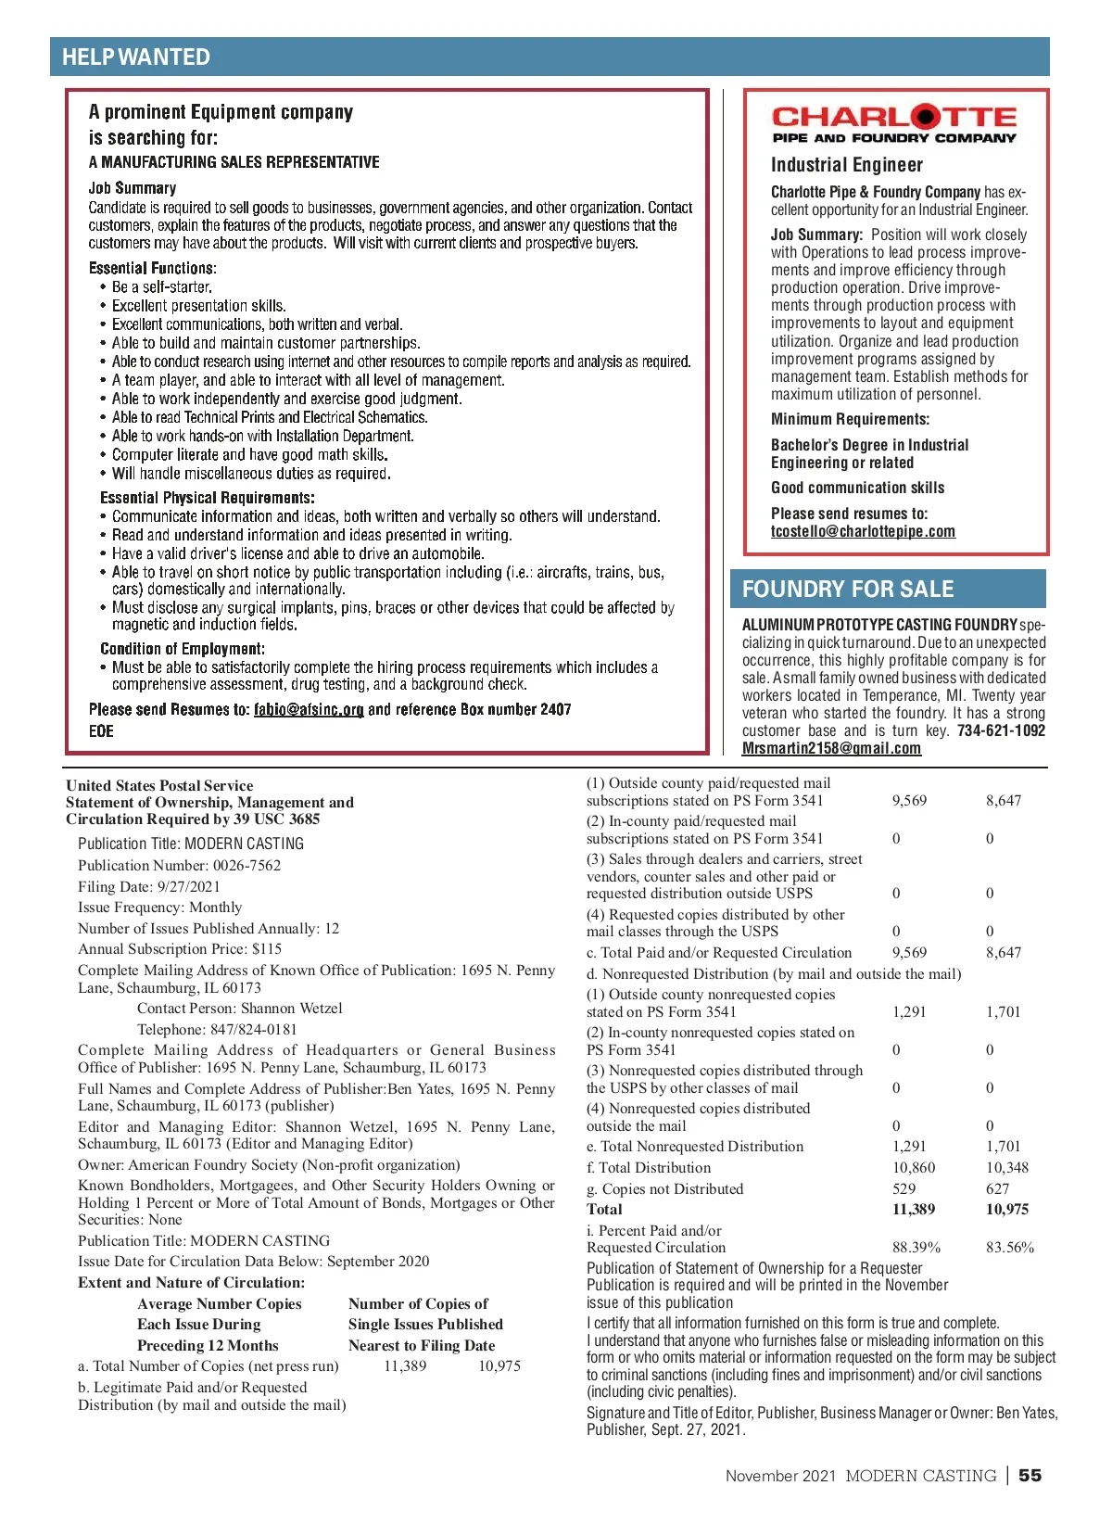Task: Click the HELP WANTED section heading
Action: pos(136,57)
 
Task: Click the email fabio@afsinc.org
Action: pos(309,710)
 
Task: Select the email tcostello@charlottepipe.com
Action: pos(863,532)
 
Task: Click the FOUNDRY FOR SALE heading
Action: pos(848,590)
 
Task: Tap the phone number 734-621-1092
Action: pos(1001,731)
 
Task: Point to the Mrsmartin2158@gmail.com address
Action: pos(831,749)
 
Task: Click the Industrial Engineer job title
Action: pos(847,165)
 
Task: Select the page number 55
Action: pos(1030,1476)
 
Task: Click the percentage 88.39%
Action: pos(916,1248)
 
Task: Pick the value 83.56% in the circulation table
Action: pos(1009,1248)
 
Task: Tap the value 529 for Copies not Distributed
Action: pos(903,1189)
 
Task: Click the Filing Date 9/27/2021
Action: pos(188,887)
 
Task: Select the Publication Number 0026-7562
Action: pos(246,866)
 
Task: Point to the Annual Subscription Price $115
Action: pos(267,949)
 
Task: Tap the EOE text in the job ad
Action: pos(101,731)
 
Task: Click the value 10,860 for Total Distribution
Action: pos(914,1168)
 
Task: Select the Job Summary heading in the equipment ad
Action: pos(133,188)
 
